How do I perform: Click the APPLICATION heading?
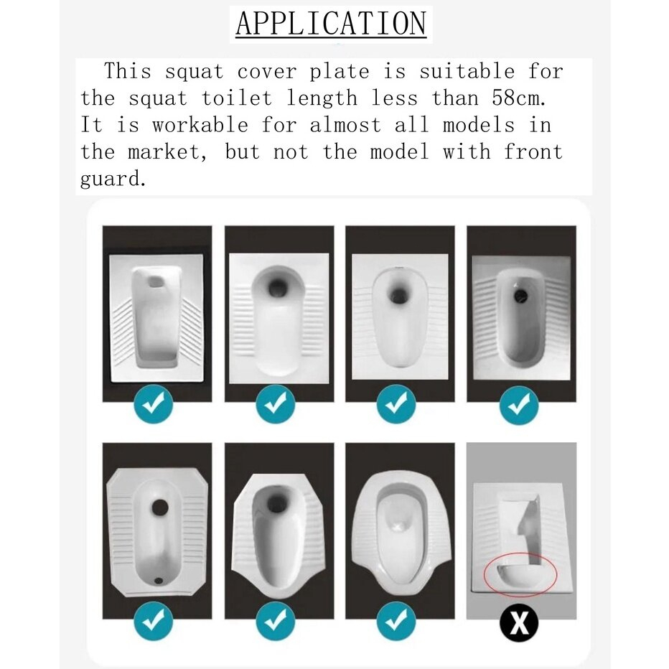tap(331, 24)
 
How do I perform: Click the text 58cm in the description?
tap(518, 98)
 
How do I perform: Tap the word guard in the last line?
tap(113, 178)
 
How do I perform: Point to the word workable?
tap(200, 126)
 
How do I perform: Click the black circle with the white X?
tap(519, 623)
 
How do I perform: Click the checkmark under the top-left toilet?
tap(153, 404)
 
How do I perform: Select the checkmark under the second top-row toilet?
tap(275, 404)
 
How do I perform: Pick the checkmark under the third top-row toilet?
tap(396, 404)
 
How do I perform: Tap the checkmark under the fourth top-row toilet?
tap(519, 405)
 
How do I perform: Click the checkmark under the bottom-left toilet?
tap(153, 621)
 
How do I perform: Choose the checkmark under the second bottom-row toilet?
tap(275, 621)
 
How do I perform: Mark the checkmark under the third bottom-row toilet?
tap(396, 621)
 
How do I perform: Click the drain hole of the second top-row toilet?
tap(279, 289)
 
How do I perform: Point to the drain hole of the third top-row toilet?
tap(399, 294)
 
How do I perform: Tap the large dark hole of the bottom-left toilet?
tap(160, 507)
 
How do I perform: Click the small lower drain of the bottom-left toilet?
tap(159, 580)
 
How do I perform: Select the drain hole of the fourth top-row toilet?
tap(520, 294)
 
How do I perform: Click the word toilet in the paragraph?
tap(236, 98)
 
